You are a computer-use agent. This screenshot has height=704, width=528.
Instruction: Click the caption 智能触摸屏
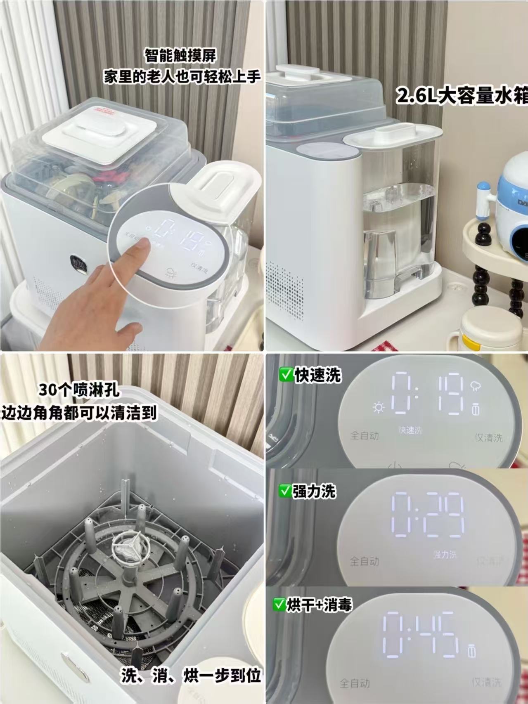[x=180, y=56]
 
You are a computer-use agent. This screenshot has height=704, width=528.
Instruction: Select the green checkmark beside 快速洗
[x=285, y=375]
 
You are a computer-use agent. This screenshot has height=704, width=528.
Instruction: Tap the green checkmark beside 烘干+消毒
[x=279, y=605]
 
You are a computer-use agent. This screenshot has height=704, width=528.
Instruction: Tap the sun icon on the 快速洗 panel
[x=378, y=408]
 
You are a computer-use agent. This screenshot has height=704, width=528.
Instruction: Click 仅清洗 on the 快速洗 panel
[x=489, y=437]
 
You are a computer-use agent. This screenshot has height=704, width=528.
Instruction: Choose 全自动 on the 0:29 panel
[x=364, y=561]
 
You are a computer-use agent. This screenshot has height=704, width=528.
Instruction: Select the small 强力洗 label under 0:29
[x=445, y=554]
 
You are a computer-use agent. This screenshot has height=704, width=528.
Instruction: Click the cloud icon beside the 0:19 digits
[x=476, y=387]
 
